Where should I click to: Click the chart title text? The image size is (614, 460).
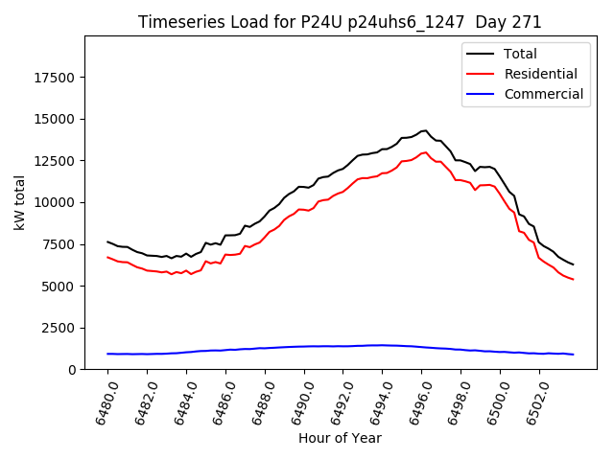click(340, 22)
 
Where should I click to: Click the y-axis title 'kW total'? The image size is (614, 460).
click(19, 203)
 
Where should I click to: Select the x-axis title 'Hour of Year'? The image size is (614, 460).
click(340, 438)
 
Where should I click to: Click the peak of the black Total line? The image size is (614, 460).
click(425, 130)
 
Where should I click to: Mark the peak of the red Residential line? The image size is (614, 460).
click(425, 152)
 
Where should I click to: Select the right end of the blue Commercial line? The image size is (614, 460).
click(573, 355)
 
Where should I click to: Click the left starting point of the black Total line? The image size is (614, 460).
click(107, 241)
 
